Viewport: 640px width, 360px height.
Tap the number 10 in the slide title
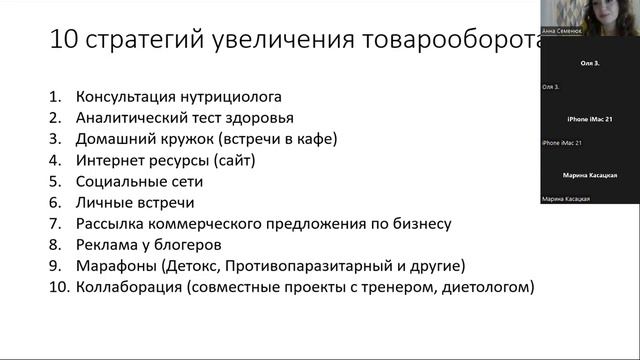tap(63, 40)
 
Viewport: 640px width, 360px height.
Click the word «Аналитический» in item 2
tap(124, 118)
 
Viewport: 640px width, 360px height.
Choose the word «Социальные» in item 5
tap(117, 181)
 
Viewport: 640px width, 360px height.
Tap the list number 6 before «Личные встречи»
tap(54, 203)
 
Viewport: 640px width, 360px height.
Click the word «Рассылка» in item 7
tap(107, 224)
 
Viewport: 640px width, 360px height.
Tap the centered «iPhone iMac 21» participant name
tap(589, 119)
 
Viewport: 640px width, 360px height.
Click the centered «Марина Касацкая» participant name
tap(589, 175)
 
